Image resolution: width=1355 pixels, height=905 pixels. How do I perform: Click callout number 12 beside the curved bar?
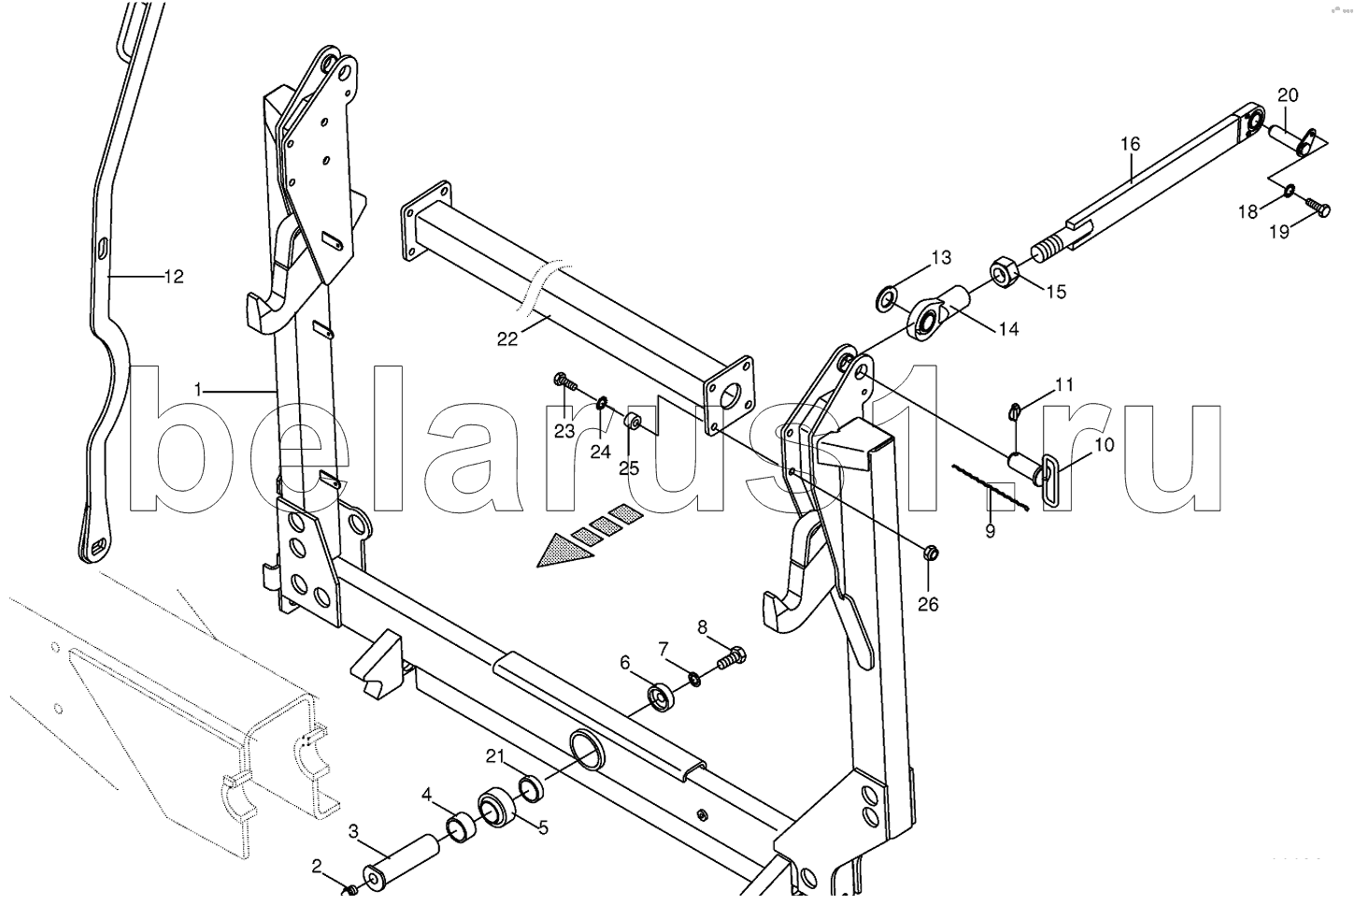(174, 277)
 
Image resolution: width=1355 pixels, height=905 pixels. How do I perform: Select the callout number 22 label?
(507, 339)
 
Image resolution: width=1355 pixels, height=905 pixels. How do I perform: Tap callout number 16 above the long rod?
(1130, 144)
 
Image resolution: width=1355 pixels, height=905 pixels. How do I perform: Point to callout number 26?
(929, 604)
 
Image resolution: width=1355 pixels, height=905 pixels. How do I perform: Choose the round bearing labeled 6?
(661, 697)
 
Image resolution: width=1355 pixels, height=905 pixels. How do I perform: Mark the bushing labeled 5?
(496, 809)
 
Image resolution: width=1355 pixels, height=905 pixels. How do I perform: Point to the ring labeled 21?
(532, 788)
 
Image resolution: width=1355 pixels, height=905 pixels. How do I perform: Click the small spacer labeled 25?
(634, 420)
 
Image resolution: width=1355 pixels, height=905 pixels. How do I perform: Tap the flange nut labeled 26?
(931, 553)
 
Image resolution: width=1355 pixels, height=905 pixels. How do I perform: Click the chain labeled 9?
(990, 488)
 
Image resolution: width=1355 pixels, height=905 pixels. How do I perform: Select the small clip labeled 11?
(1015, 412)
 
